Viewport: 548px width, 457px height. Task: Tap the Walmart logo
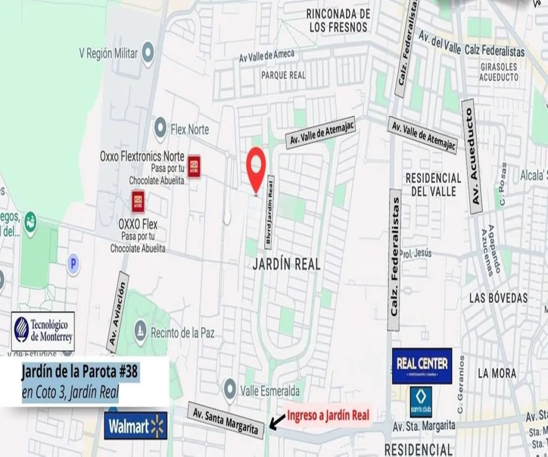tap(136, 426)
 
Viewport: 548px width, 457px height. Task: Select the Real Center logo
tap(422, 366)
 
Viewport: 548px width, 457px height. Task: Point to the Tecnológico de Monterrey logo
tap(43, 331)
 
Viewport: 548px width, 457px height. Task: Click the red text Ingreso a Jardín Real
tap(328, 416)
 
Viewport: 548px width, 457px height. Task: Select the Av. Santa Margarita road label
tap(226, 420)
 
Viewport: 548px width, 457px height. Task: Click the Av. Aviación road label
tap(117, 313)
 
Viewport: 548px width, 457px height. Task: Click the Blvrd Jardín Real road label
tap(270, 212)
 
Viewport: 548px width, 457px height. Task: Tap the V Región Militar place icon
tap(148, 53)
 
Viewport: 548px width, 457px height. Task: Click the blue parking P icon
tap(73, 264)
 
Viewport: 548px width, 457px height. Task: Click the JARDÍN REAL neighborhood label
tap(286, 264)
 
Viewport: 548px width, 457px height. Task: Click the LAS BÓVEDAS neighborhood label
tap(498, 298)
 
